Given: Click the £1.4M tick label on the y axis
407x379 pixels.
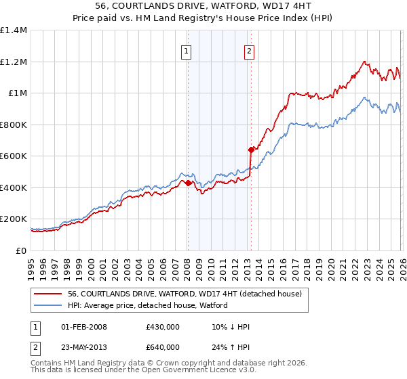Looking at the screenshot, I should point(14,30).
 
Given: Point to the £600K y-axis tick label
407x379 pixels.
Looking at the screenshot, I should point(14,156).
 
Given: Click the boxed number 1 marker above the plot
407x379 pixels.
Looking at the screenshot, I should point(186,50).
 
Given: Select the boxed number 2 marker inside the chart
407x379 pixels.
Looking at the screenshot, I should point(249,50).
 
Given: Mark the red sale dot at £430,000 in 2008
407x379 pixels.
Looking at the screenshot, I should point(187,183).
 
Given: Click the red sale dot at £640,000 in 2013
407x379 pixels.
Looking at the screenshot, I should point(251,150).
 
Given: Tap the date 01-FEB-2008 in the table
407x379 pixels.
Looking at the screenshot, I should point(84,327).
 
